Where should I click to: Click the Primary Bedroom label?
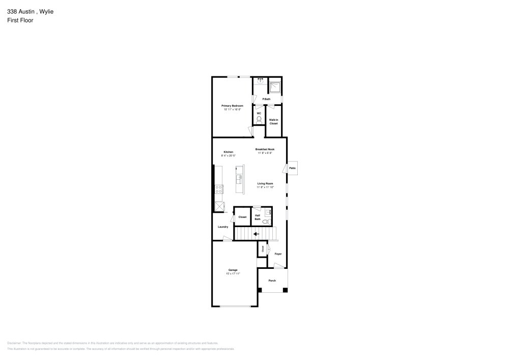pos(232,105)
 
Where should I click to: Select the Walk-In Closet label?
pos(274,122)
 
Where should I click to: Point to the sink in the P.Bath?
pos(260,81)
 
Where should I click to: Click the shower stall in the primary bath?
pos(275,87)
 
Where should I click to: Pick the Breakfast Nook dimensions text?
pos(265,153)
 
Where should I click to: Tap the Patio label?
pos(292,168)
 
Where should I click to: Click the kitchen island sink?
pos(238,179)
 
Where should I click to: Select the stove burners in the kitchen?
pos(219,189)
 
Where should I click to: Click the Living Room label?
pos(265,183)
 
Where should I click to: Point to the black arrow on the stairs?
pos(256,234)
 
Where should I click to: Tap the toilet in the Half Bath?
pos(265,221)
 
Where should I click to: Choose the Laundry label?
pos(223,227)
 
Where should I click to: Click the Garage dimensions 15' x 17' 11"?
pos(233,273)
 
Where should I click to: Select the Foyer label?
pos(278,254)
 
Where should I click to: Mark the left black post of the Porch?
pos(260,290)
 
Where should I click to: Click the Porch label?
pos(272,281)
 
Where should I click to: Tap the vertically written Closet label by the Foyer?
pos(263,249)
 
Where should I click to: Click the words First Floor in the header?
pos(20,20)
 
